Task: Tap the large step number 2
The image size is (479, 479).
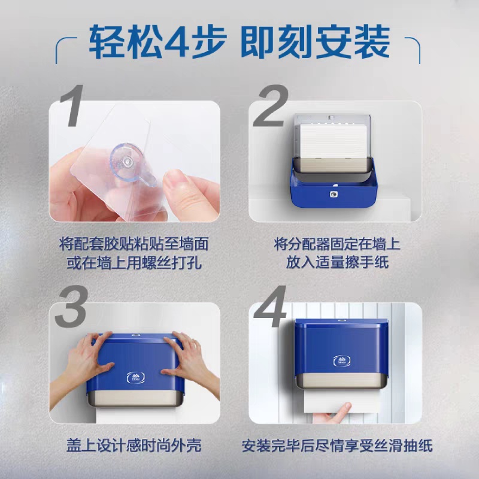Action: click(271, 105)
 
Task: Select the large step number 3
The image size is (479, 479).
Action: click(72, 306)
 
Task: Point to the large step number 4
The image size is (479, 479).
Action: click(271, 306)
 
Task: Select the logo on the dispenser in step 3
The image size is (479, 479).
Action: click(136, 378)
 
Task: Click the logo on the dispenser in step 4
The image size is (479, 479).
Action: click(341, 360)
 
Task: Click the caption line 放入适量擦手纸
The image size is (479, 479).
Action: click(337, 262)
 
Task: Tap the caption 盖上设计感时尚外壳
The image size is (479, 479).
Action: click(134, 445)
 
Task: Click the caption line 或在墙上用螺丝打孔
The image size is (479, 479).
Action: click(134, 262)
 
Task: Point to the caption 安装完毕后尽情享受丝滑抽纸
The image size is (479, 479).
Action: click(337, 445)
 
